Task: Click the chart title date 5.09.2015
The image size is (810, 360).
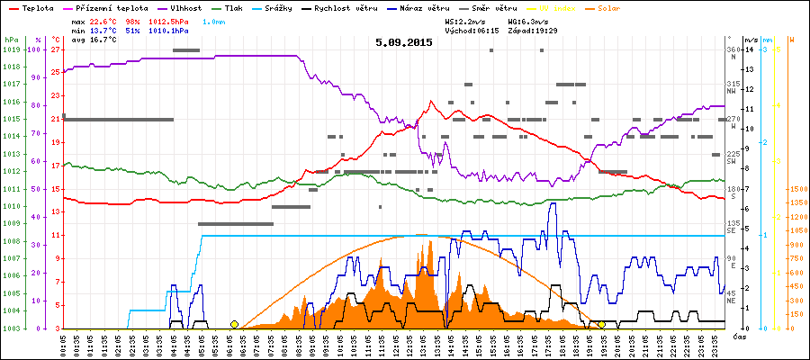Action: [x=404, y=42]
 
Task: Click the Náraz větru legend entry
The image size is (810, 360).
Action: [x=462, y=7]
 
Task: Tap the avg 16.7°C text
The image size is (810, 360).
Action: [x=94, y=40]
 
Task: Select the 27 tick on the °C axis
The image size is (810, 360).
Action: [x=55, y=49]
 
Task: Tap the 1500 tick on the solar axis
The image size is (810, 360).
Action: [x=797, y=189]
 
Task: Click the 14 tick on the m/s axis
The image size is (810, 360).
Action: [x=750, y=49]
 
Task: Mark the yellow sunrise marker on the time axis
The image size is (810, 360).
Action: [x=234, y=324]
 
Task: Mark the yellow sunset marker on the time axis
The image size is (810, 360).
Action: [x=601, y=324]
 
